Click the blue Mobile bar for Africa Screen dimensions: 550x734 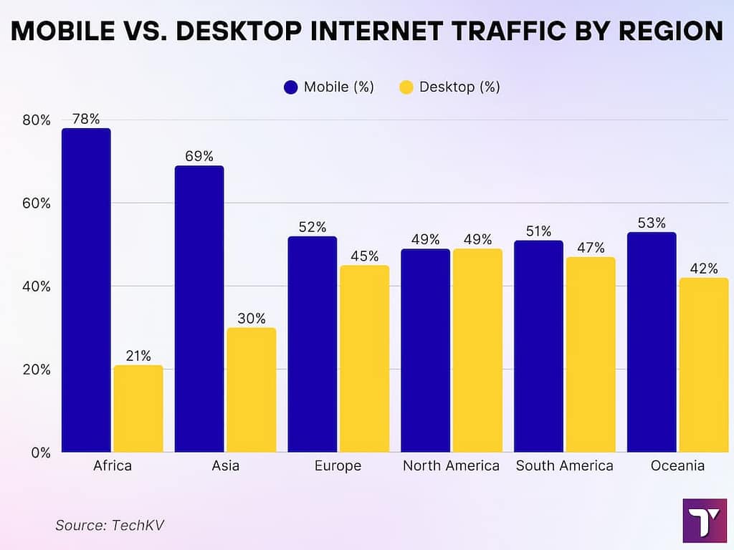86,290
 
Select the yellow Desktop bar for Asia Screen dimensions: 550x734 252,390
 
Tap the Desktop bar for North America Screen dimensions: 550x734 477,350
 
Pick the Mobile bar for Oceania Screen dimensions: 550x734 652,342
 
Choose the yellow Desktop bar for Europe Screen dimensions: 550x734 365,359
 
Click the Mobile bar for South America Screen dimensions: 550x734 538,346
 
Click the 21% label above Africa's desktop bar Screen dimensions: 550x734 138,356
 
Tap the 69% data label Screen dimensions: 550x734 199,156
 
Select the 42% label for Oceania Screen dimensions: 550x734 704,269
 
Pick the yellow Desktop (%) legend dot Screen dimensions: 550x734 406,87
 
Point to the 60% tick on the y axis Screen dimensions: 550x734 36,203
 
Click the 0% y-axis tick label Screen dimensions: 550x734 40,453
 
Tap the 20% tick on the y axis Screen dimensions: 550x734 36,370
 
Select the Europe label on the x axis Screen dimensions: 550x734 338,466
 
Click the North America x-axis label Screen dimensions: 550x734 451,466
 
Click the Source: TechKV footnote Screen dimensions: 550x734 110,525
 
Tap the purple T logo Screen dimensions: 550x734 705,520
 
